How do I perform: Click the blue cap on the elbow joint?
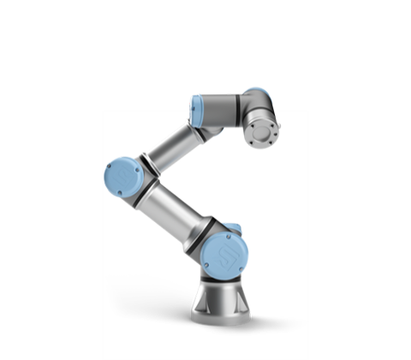tap(122, 177)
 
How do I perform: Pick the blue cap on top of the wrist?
tap(255, 92)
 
